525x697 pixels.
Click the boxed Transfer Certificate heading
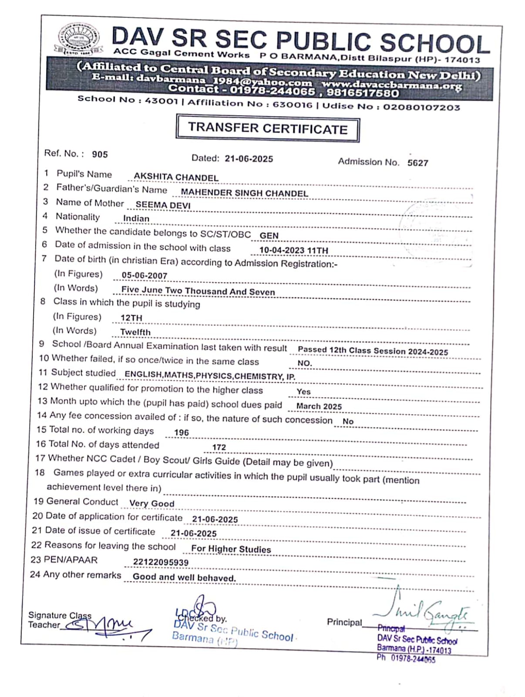pyautogui.click(x=268, y=129)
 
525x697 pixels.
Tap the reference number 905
pyautogui.click(x=100, y=154)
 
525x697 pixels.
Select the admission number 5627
pyautogui.click(x=418, y=163)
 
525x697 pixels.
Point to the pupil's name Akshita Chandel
pyautogui.click(x=176, y=177)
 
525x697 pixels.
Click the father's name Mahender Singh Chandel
pyautogui.click(x=244, y=193)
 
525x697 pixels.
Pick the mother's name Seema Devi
pyautogui.click(x=163, y=205)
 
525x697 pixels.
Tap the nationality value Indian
pyautogui.click(x=136, y=219)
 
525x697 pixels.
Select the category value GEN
pyautogui.click(x=269, y=236)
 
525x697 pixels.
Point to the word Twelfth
pyautogui.click(x=135, y=332)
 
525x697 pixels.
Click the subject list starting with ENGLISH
pyautogui.click(x=210, y=376)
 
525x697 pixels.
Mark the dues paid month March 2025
pyautogui.click(x=319, y=406)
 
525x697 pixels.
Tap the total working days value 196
pyautogui.click(x=182, y=433)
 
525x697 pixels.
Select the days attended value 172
pyautogui.click(x=219, y=447)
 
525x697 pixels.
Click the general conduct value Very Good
pyautogui.click(x=152, y=504)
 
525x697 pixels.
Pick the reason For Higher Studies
pyautogui.click(x=231, y=549)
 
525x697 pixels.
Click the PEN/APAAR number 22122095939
pyautogui.click(x=161, y=562)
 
